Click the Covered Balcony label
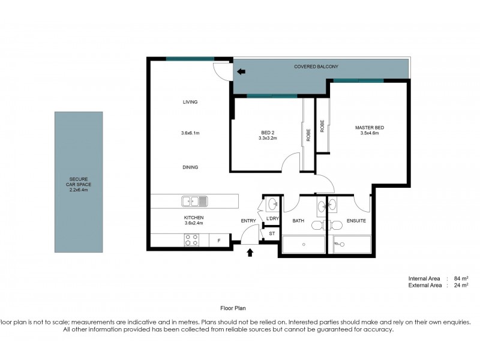[x=316, y=67]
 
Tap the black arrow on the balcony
[x=241, y=72]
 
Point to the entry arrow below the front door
[x=250, y=253]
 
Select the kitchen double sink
[x=195, y=201]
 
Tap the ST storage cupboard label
[x=271, y=233]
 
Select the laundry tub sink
[x=272, y=203]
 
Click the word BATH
[x=298, y=221]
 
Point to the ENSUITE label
[x=356, y=221]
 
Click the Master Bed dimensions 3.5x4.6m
[x=369, y=133]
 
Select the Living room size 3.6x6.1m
[x=190, y=133]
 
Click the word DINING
[x=190, y=167]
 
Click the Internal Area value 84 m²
[x=460, y=278]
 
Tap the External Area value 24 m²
[x=460, y=285]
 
